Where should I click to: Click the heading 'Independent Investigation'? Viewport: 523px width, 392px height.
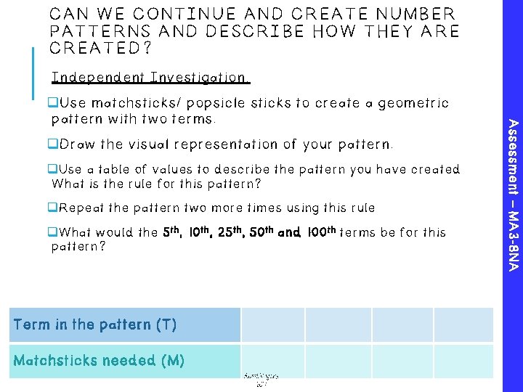click(150, 78)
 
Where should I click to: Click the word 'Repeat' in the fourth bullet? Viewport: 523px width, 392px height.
click(81, 208)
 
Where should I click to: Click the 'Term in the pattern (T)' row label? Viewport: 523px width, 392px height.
click(95, 324)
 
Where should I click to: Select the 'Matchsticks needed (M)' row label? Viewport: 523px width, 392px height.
click(99, 361)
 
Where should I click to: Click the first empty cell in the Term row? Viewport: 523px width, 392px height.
click(272, 324)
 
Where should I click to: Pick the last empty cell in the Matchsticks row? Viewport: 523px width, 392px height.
click(463, 361)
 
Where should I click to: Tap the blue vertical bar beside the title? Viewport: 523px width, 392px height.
click(34, 73)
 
